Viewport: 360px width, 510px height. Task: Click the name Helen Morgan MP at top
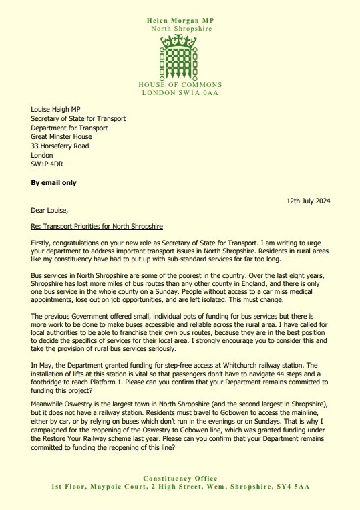[180, 21]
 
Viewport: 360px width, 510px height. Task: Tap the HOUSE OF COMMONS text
[180, 85]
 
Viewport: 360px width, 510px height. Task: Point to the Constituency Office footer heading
[180, 479]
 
